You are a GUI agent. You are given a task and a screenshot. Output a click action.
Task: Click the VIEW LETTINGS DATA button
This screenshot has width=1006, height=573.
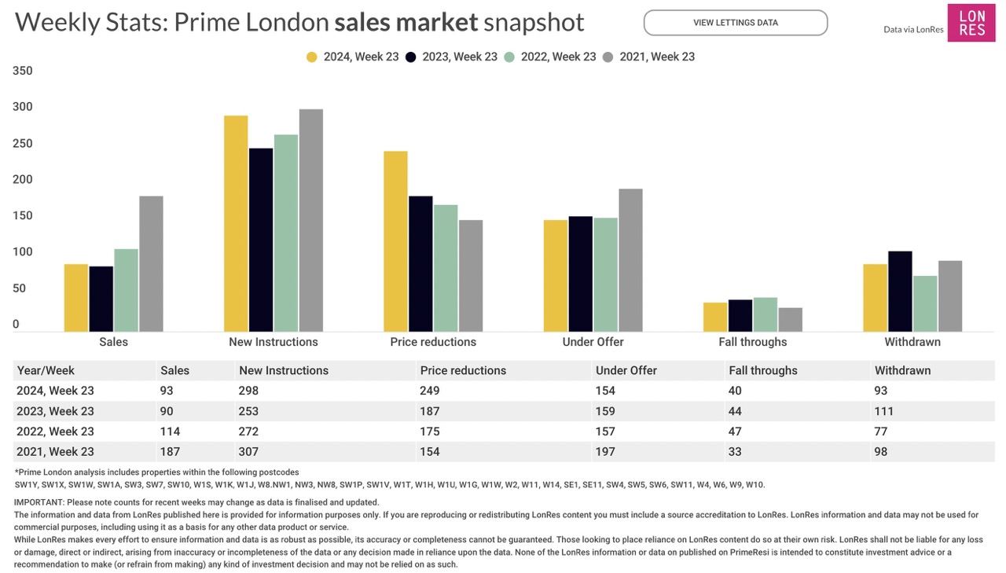coord(735,23)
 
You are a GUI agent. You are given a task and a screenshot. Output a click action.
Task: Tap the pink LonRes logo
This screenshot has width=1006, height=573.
coord(971,23)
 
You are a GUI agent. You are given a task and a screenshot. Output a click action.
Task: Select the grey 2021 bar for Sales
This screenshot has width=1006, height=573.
coord(151,263)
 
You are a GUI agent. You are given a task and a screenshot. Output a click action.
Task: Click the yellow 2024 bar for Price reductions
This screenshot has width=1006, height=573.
coord(395,241)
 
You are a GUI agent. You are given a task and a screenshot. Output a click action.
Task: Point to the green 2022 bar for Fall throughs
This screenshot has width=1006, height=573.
coord(765,314)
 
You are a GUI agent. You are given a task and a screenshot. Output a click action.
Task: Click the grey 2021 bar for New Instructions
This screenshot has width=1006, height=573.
coord(310,220)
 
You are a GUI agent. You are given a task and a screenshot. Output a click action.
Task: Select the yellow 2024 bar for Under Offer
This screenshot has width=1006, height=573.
coord(556,275)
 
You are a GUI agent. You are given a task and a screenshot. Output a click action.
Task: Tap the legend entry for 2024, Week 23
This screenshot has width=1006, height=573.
coord(353,57)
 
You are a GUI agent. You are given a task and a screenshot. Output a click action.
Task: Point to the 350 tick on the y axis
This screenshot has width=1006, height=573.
coord(23,71)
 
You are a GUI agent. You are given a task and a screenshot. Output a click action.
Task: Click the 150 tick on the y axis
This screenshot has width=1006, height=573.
coord(23,215)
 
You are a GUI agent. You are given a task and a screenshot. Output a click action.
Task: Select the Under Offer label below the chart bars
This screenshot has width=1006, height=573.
coord(593,342)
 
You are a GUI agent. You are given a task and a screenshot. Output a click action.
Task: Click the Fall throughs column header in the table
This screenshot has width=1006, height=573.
coord(762,370)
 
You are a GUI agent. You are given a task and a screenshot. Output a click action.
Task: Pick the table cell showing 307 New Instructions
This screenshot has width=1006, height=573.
coord(250,451)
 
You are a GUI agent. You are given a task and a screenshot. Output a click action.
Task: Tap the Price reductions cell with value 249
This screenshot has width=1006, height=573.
coord(430,391)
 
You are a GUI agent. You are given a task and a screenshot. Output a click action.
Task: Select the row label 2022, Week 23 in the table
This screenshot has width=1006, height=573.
coord(55,432)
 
